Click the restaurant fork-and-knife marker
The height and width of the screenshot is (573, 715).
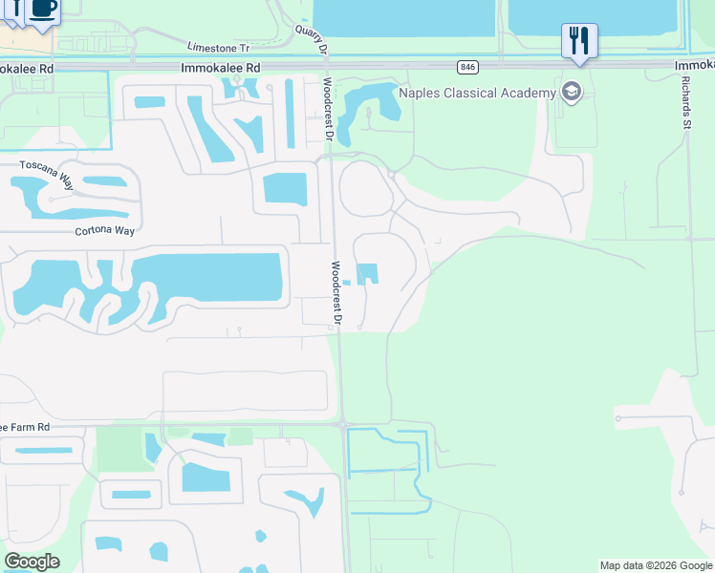[579, 41]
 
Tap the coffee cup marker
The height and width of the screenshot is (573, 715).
[43, 10]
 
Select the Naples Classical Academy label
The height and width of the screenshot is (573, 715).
[476, 93]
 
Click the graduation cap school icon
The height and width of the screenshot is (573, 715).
[572, 93]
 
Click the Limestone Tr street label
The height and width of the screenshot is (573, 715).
[218, 47]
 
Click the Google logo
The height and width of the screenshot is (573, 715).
[32, 562]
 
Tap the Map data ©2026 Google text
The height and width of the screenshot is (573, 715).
[655, 565]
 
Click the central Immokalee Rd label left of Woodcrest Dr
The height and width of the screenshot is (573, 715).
[220, 69]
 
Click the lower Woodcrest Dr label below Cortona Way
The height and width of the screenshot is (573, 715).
[336, 290]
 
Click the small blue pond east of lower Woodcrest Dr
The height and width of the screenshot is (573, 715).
[368, 274]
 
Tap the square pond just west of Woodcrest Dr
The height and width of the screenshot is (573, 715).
[285, 188]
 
